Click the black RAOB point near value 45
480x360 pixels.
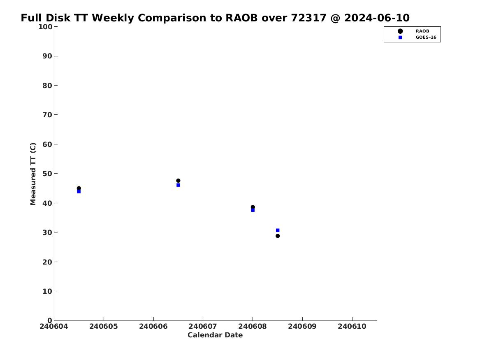click(x=79, y=188)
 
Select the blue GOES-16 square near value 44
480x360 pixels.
click(x=79, y=192)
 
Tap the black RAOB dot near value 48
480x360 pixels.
click(x=178, y=181)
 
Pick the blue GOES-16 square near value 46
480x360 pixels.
click(x=178, y=185)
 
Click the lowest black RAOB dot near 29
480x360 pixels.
click(x=278, y=236)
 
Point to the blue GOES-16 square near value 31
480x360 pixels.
click(x=278, y=230)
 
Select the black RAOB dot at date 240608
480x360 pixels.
click(x=253, y=207)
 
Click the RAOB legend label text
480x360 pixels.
click(x=422, y=31)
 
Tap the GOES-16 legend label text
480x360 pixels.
click(x=426, y=37)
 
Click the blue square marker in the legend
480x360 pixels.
click(x=400, y=37)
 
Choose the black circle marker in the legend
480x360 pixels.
click(x=400, y=31)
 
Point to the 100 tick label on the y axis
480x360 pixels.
click(x=45, y=27)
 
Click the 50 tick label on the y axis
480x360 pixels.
click(x=47, y=174)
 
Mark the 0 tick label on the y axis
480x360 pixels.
click(x=50, y=321)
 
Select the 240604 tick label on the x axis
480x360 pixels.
click(x=54, y=326)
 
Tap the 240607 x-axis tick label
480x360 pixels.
click(x=203, y=326)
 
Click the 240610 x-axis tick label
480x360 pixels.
click(x=352, y=326)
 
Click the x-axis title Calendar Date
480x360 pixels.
click(x=215, y=335)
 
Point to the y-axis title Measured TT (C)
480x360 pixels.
click(x=33, y=174)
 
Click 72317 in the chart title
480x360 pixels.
click(x=308, y=18)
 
